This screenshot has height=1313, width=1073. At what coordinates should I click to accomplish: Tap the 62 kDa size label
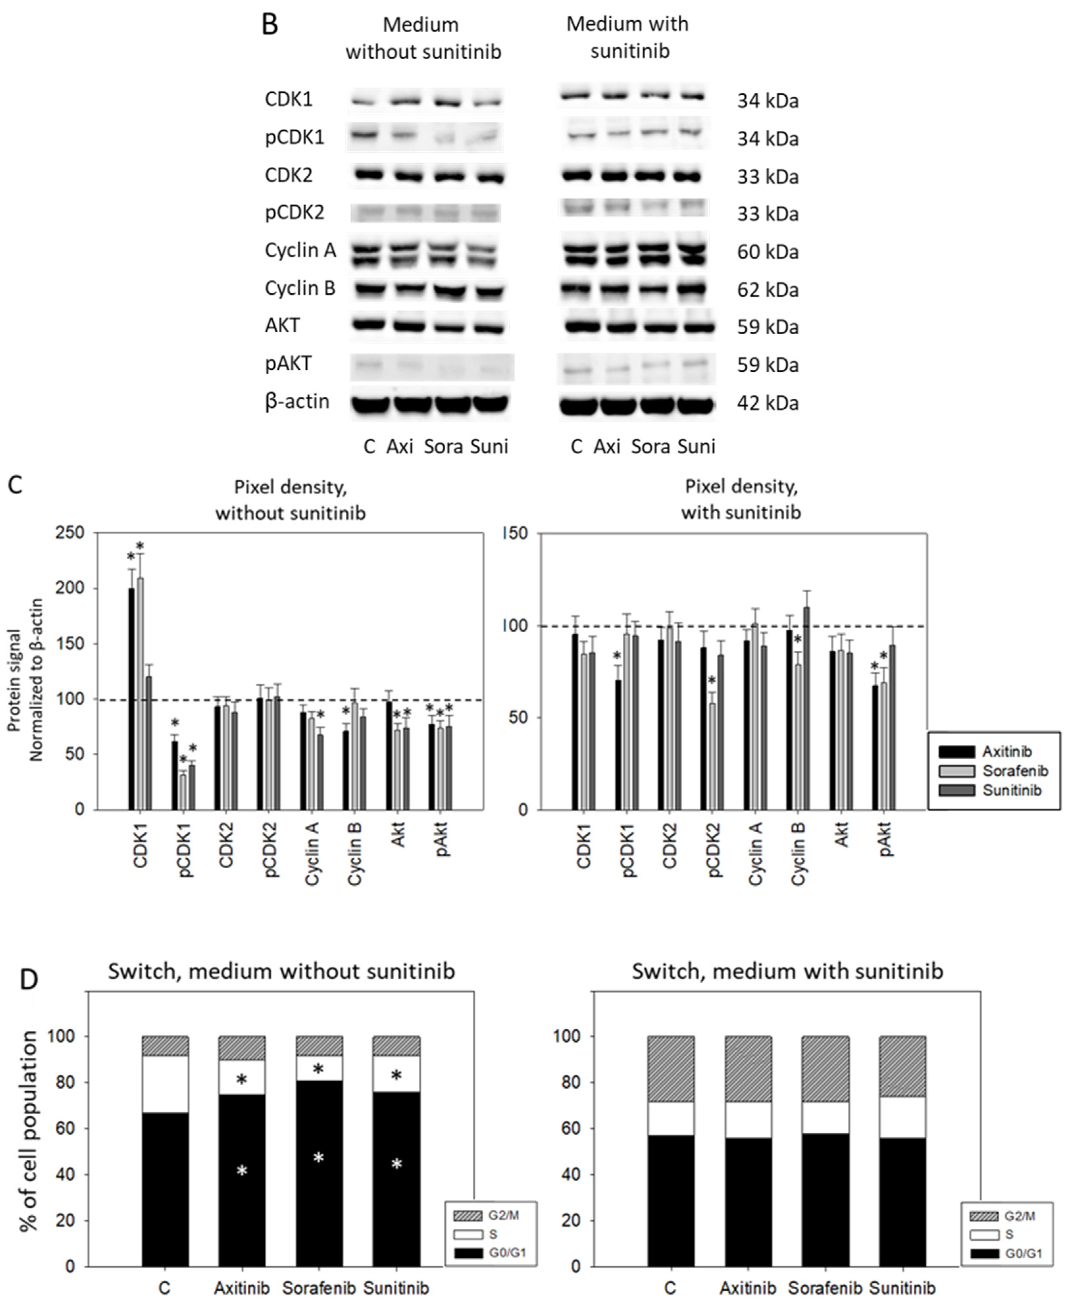coord(768,290)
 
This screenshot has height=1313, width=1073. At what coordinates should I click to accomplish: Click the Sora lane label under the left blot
coord(443,446)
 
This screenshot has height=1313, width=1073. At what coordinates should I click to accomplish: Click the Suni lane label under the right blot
coord(697,446)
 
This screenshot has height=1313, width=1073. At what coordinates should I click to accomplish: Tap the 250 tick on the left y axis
coord(70,533)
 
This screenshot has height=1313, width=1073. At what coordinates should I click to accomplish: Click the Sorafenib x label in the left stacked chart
coord(319,1288)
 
